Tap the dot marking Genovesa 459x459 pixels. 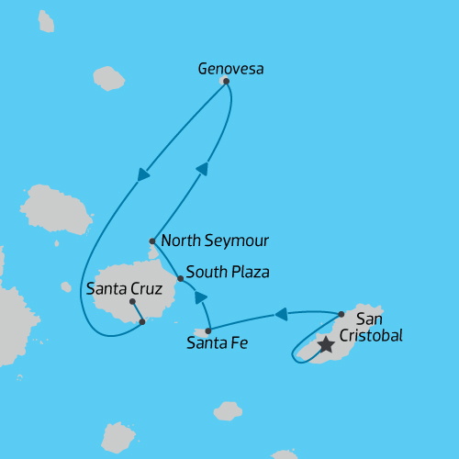click(x=226, y=81)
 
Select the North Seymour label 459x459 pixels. click(x=215, y=241)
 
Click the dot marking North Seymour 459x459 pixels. click(x=152, y=241)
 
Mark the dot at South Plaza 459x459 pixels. click(x=180, y=277)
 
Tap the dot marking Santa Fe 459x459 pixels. click(x=208, y=330)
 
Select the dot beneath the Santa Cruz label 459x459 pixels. click(x=132, y=301)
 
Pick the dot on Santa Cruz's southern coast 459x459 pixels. click(x=141, y=321)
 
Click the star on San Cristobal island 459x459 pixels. click(x=325, y=345)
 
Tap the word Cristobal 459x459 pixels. click(x=372, y=336)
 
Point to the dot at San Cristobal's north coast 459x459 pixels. click(x=341, y=313)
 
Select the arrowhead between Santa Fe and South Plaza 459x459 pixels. click(x=200, y=297)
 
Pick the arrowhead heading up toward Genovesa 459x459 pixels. click(x=202, y=169)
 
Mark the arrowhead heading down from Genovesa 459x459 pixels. click(x=144, y=174)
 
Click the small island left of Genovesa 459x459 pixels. click(x=108, y=79)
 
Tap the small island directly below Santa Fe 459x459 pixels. click(x=227, y=409)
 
